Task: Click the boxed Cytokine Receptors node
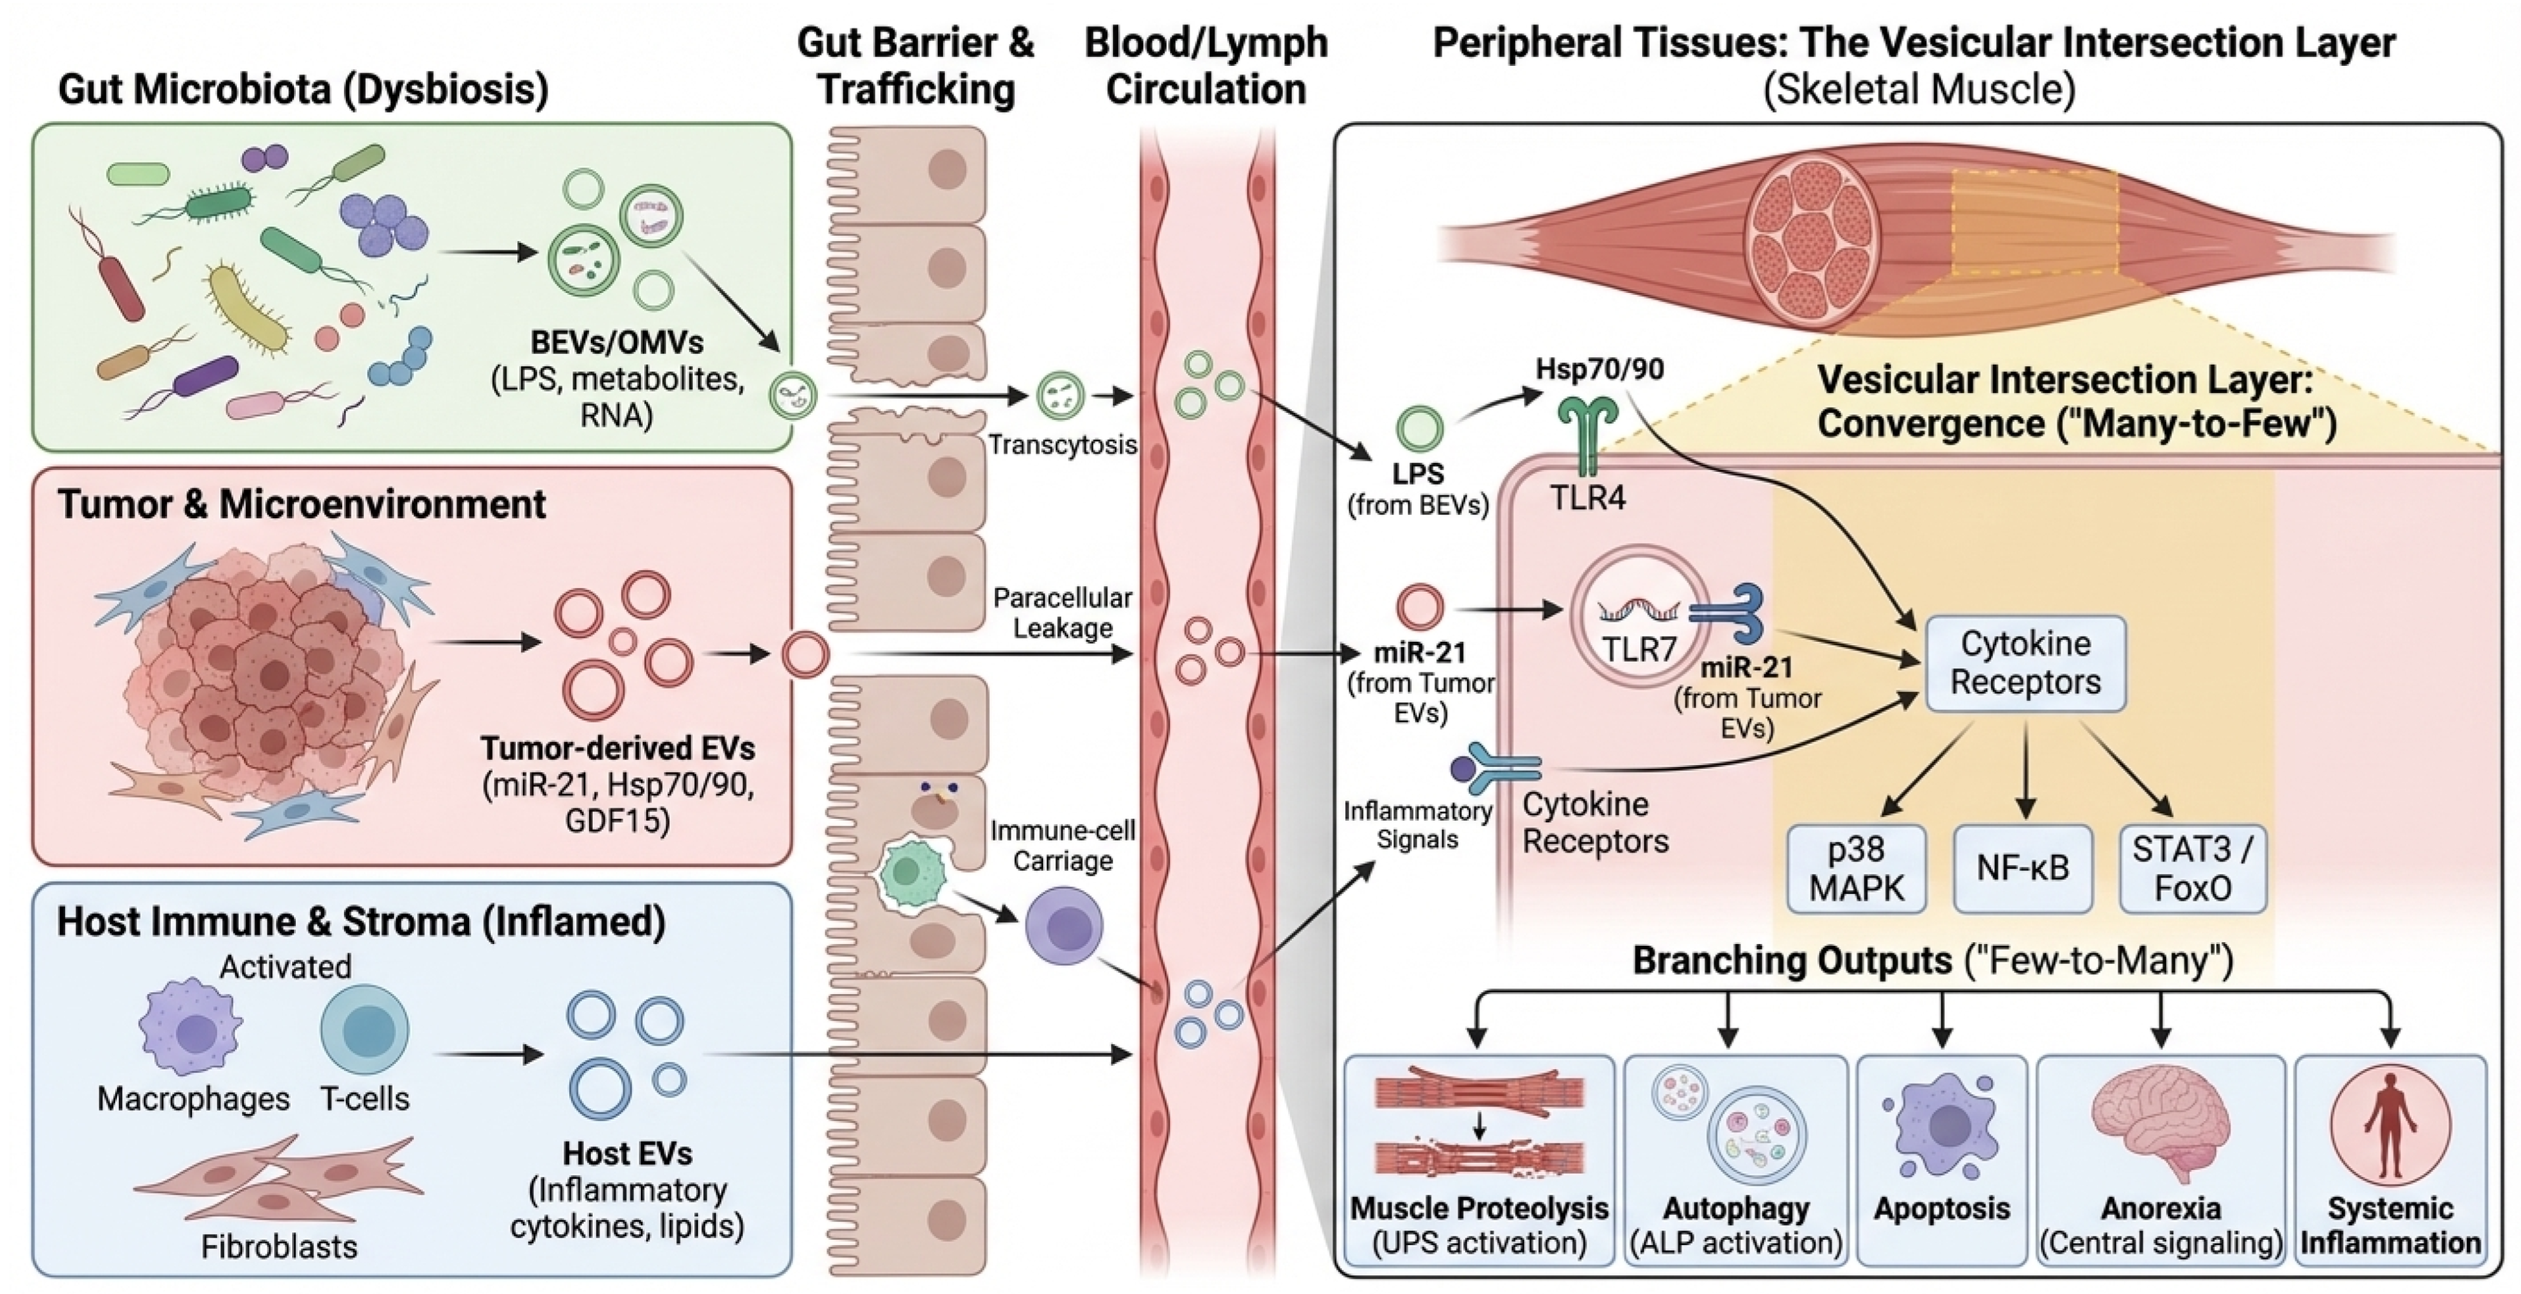click(x=2025, y=663)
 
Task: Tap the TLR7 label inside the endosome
click(x=1639, y=648)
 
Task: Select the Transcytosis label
click(x=1062, y=445)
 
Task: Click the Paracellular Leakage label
click(x=1062, y=613)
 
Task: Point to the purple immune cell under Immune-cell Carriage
click(x=1064, y=926)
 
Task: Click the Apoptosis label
click(x=1942, y=1209)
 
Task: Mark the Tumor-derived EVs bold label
click(x=617, y=749)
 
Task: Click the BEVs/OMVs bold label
click(x=617, y=342)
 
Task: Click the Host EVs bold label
click(x=627, y=1154)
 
